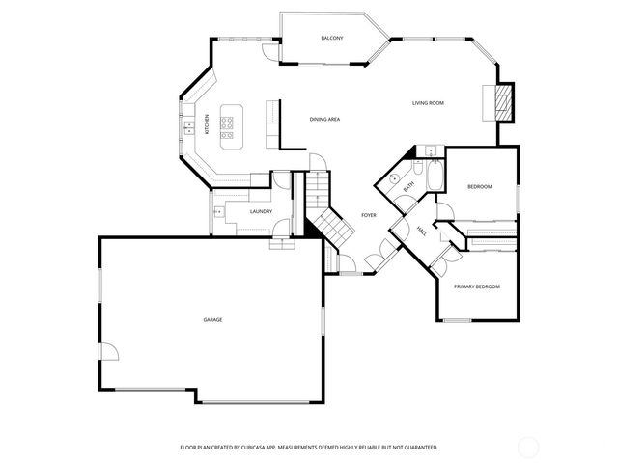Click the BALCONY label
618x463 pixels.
pyautogui.click(x=332, y=38)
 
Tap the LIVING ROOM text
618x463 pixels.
pyautogui.click(x=428, y=102)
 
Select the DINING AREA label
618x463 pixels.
pyautogui.click(x=324, y=119)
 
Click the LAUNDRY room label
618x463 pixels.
pyautogui.click(x=261, y=211)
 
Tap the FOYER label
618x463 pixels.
pyautogui.click(x=369, y=215)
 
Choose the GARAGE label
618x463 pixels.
pyautogui.click(x=212, y=319)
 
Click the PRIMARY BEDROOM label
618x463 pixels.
pyautogui.click(x=478, y=286)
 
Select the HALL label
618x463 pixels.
pyautogui.click(x=423, y=231)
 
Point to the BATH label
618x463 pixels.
pyautogui.click(x=409, y=185)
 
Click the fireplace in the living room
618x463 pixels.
pyautogui.click(x=500, y=100)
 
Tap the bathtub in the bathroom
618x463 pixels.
pyautogui.click(x=434, y=177)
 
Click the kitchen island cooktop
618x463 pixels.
pyautogui.click(x=228, y=123)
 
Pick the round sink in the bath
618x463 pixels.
pyautogui.click(x=395, y=179)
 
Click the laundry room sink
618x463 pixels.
pyautogui.click(x=217, y=210)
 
